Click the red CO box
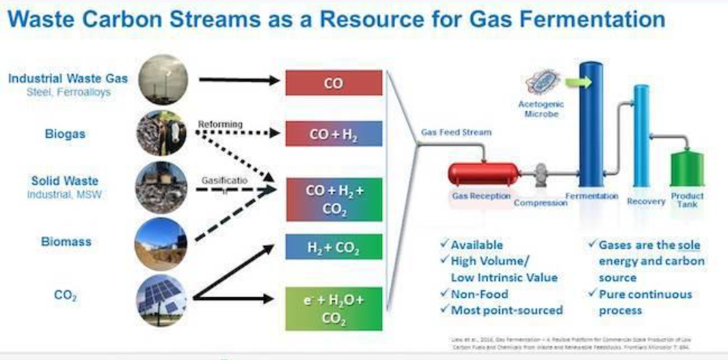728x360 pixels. (x=333, y=82)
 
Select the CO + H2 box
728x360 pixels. (x=333, y=134)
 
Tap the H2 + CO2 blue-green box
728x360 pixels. (x=333, y=247)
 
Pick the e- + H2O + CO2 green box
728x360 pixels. (x=333, y=307)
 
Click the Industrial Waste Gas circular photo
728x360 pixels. (x=162, y=80)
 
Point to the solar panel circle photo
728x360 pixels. (x=162, y=301)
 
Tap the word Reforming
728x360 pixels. (x=220, y=124)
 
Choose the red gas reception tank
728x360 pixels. (x=482, y=174)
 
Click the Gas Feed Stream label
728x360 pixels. (x=456, y=132)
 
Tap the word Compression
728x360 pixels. (x=540, y=203)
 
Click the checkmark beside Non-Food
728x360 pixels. (x=444, y=294)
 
